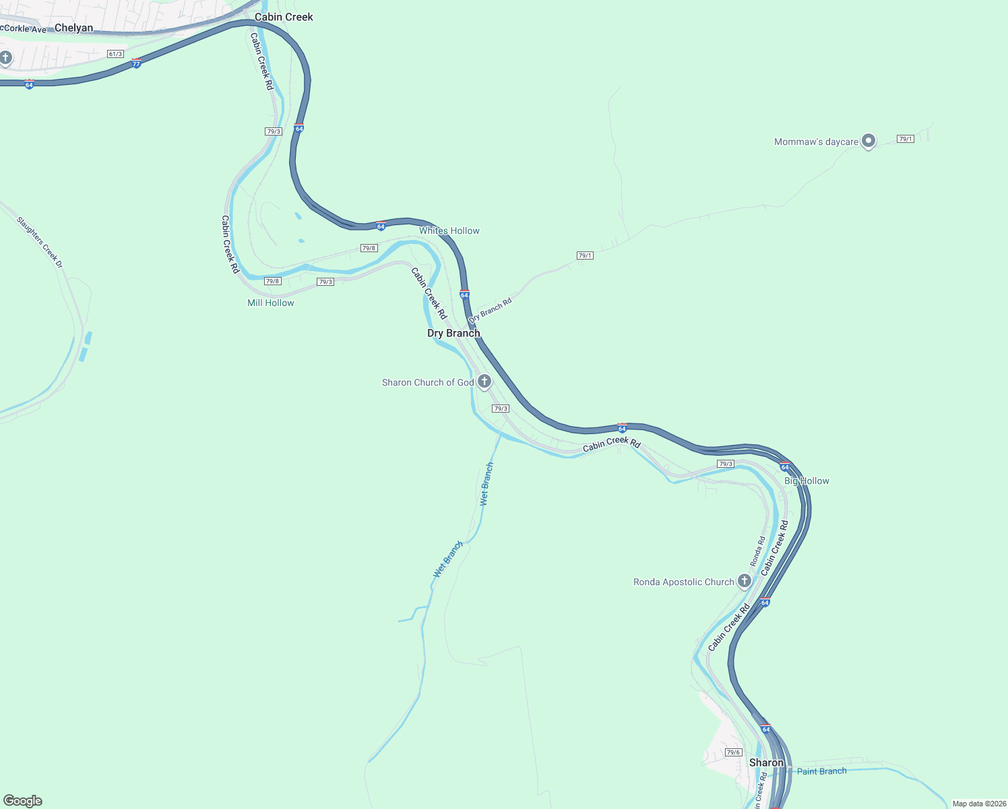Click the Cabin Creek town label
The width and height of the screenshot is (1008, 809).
tap(284, 17)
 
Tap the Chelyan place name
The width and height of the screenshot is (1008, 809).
tap(73, 28)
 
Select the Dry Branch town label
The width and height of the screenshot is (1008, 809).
tap(453, 333)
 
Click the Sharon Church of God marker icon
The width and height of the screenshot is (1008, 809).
tap(484, 382)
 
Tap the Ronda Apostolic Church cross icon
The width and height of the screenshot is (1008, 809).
tap(744, 580)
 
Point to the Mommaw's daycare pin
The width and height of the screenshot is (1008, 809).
tap(869, 141)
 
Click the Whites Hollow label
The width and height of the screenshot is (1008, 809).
tap(449, 231)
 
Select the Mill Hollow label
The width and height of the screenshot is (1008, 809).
tap(271, 303)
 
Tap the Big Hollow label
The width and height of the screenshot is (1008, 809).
tap(807, 481)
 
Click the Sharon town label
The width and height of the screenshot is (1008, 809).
tap(766, 762)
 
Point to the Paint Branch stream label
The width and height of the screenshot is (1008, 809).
tap(821, 771)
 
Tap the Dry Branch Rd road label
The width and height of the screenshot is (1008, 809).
tap(491, 309)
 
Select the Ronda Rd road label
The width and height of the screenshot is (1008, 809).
tap(758, 551)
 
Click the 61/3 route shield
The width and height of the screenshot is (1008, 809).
tap(115, 54)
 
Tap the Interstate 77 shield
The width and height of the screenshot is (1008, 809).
tap(136, 63)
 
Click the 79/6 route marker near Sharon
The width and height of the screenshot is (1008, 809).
tap(733, 752)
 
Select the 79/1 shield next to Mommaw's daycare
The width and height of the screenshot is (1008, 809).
tap(905, 139)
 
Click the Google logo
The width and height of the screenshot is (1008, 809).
tap(23, 801)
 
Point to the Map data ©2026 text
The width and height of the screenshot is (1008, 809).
tap(978, 804)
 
